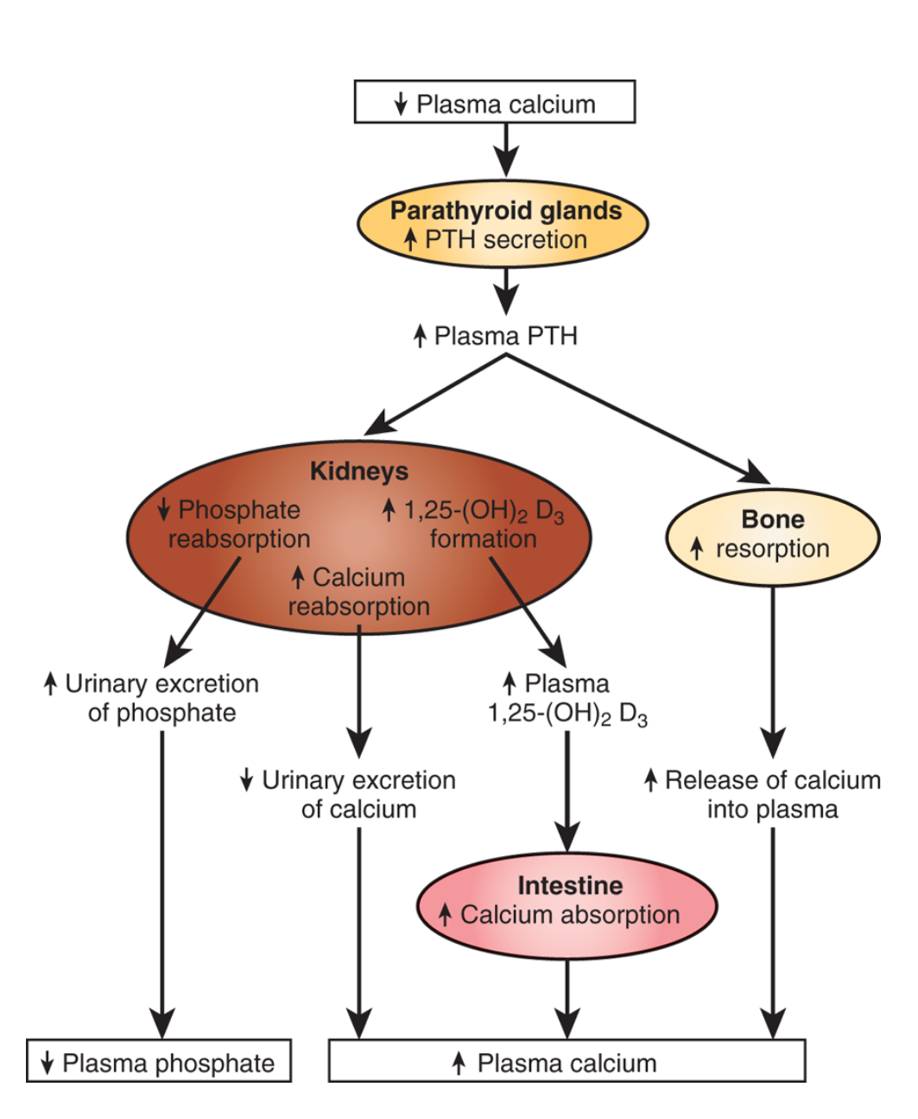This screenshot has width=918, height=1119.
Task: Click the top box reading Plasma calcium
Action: click(495, 102)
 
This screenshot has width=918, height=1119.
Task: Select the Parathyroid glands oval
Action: click(503, 225)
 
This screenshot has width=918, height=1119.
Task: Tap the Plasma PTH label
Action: click(496, 335)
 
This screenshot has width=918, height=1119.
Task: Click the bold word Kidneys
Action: click(358, 471)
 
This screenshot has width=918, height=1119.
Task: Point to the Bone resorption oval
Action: click(772, 536)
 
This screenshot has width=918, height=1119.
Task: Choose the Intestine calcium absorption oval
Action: click(567, 905)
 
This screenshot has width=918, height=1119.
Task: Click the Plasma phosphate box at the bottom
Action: click(159, 1061)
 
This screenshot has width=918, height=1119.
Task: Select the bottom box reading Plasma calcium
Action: click(567, 1061)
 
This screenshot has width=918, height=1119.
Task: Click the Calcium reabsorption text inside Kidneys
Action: click(358, 592)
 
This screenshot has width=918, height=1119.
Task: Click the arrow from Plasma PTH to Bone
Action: click(639, 420)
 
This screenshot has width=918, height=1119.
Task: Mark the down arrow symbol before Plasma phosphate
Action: click(47, 1063)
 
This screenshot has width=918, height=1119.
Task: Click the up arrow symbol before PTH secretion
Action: click(411, 240)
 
